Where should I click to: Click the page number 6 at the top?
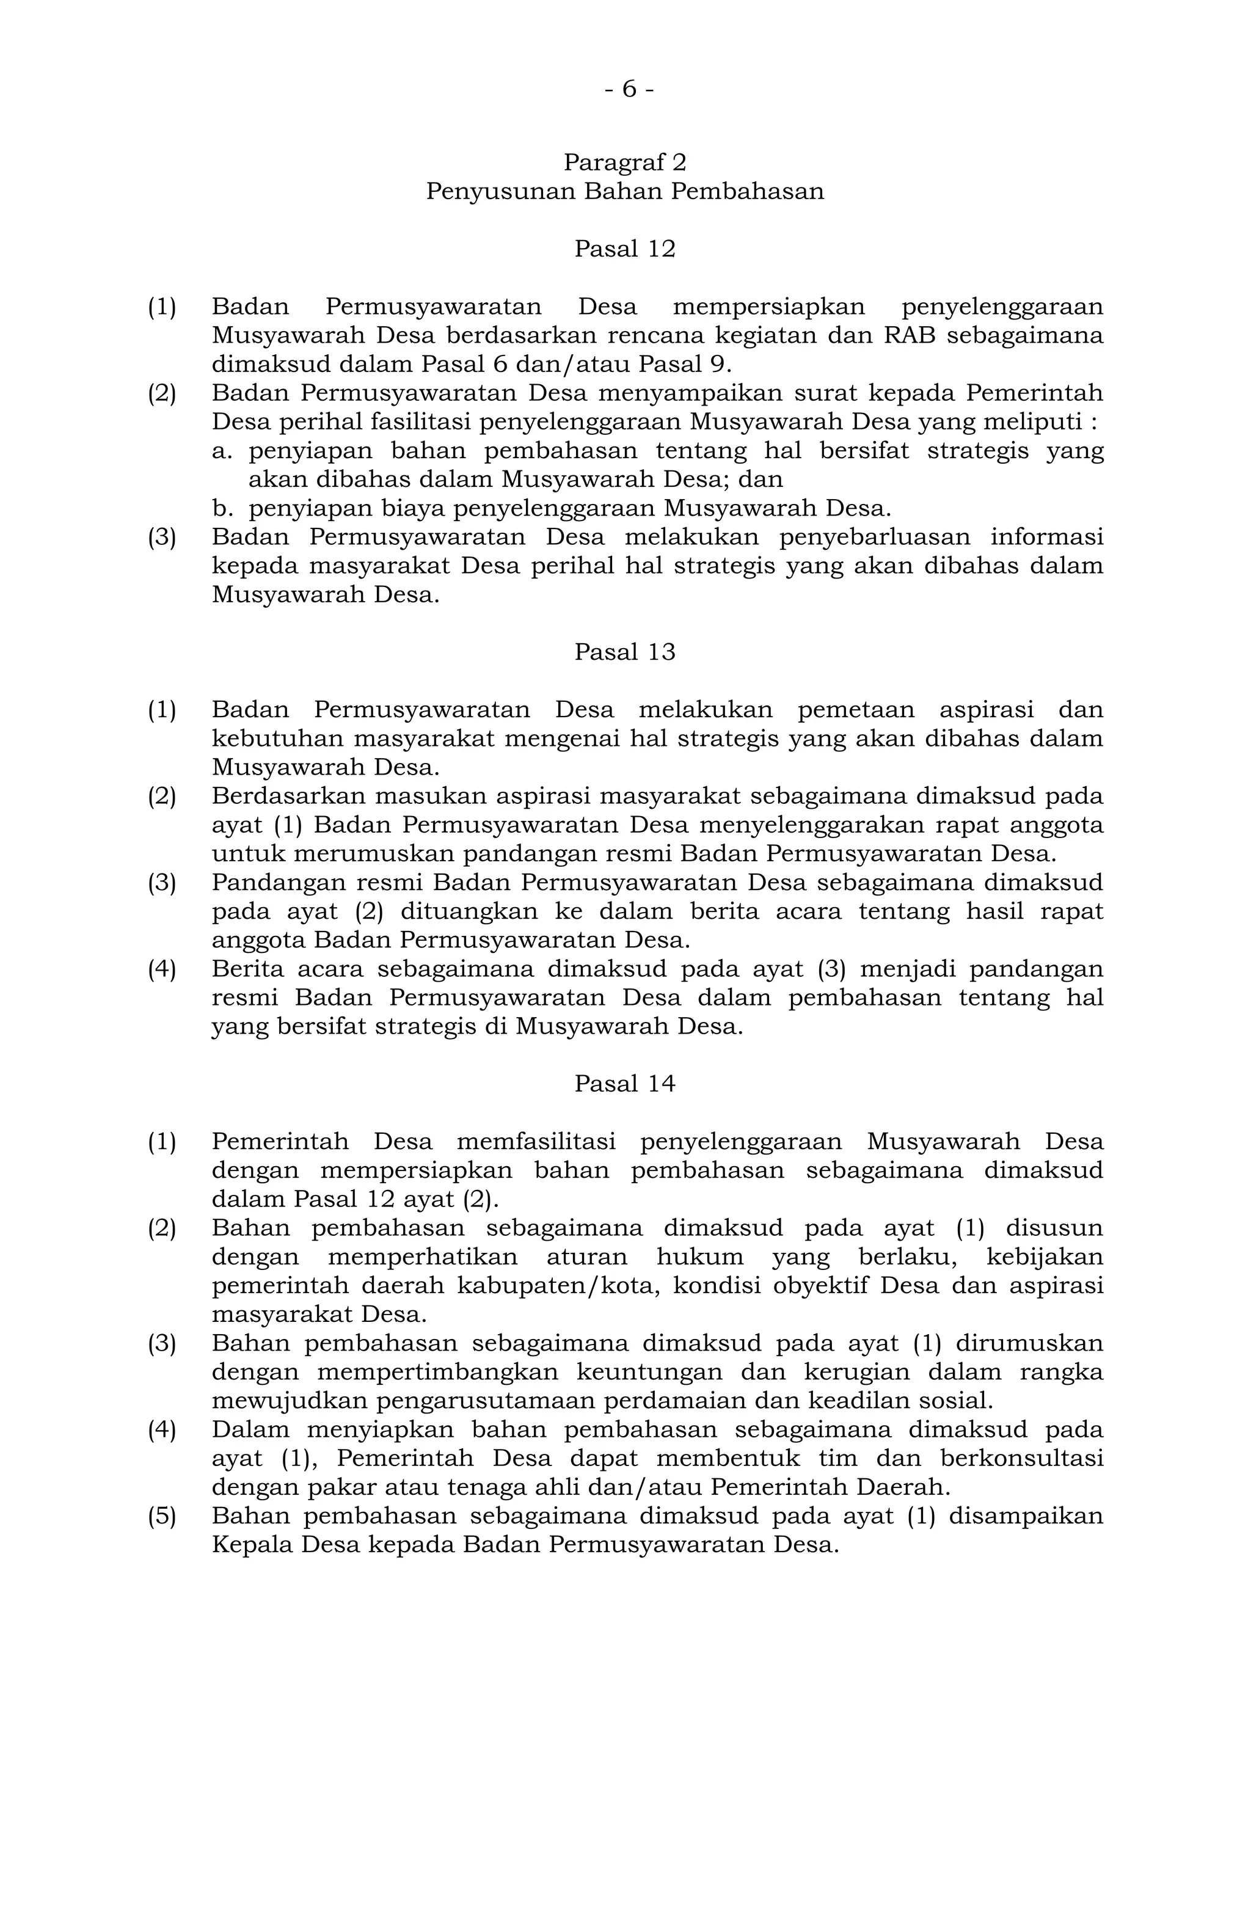tap(629, 90)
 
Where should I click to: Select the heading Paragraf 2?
tap(624, 162)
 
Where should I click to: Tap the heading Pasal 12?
tap(624, 249)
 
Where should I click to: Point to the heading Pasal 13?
tap(624, 652)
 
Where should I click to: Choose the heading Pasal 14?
tap(624, 1084)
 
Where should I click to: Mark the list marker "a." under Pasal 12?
tap(221, 451)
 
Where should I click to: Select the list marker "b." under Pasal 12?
tap(221, 508)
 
